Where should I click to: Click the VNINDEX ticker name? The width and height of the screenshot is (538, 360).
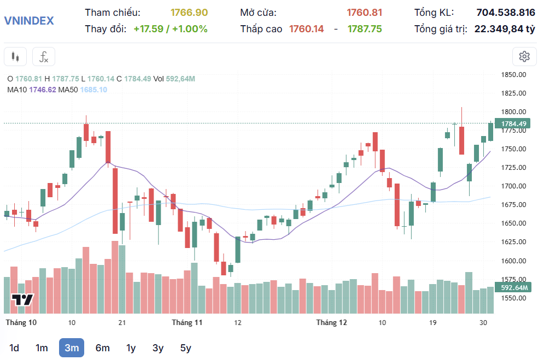(x=29, y=21)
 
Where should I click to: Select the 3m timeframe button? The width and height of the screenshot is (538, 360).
(x=72, y=348)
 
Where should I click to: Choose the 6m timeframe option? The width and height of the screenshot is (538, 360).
(x=102, y=348)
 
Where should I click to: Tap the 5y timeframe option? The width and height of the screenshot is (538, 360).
(x=186, y=348)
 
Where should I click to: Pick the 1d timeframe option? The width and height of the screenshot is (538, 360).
(x=14, y=348)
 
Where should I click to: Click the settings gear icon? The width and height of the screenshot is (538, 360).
(x=524, y=56)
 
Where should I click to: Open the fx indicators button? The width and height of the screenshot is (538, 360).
(x=44, y=56)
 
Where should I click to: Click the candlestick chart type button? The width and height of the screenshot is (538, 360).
(x=16, y=56)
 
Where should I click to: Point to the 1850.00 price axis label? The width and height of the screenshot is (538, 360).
(x=513, y=75)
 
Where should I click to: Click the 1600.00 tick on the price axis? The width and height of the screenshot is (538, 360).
(x=513, y=261)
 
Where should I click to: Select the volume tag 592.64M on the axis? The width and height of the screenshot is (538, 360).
(x=513, y=287)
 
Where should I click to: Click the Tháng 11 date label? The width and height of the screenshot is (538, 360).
(x=187, y=323)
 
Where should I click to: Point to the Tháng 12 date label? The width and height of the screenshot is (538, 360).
(x=331, y=323)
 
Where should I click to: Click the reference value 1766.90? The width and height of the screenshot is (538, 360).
(x=189, y=13)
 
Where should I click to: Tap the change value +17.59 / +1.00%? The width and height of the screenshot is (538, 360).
(x=170, y=29)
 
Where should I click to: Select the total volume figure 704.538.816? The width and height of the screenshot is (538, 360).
(x=506, y=13)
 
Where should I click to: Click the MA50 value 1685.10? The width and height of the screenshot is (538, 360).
(x=93, y=90)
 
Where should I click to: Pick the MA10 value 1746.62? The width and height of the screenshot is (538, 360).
(x=43, y=90)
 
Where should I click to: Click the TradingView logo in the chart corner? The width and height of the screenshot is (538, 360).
(x=23, y=299)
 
